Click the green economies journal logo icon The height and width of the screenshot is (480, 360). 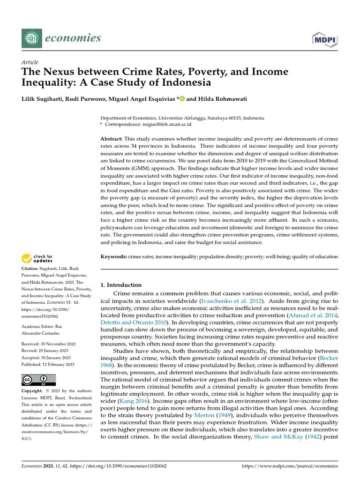(31, 38)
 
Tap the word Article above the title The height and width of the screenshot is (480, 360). (30, 62)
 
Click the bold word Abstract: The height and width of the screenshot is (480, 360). (112, 139)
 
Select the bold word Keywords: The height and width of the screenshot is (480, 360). (114, 256)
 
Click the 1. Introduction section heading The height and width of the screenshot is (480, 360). (121, 285)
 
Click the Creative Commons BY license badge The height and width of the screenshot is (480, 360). (38, 379)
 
